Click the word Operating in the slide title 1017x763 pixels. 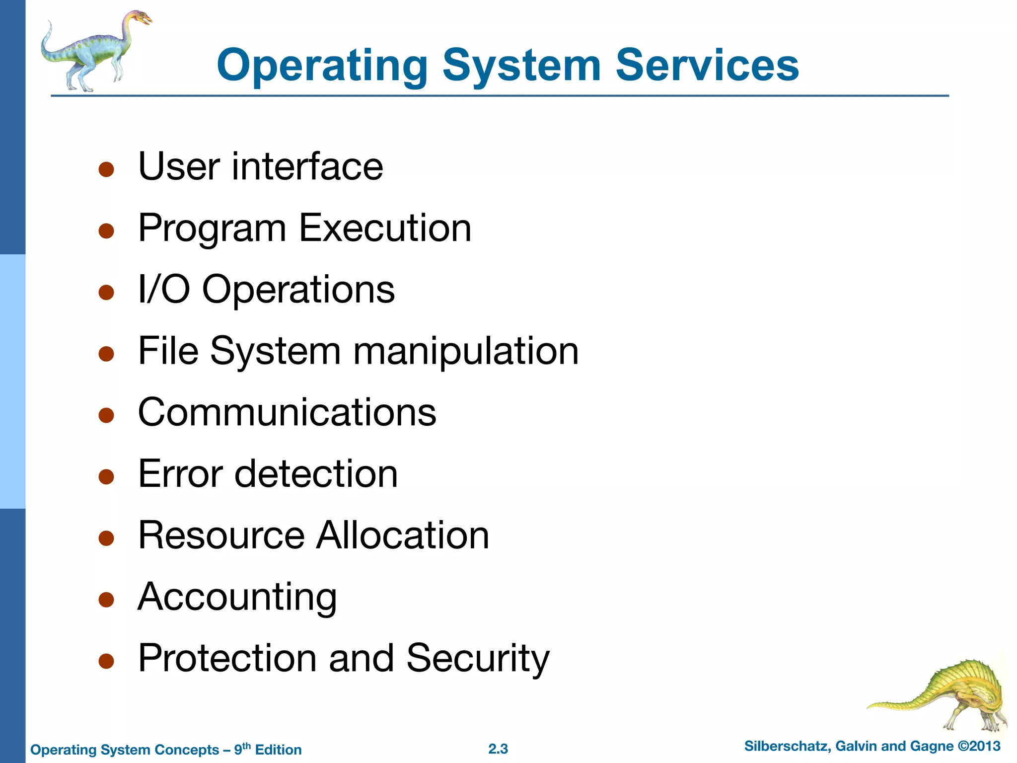coord(322,67)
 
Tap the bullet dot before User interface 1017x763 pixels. coord(106,169)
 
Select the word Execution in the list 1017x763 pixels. coord(385,228)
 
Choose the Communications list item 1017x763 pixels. coord(287,412)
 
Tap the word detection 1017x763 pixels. coord(316,474)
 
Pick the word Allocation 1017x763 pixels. coord(403,535)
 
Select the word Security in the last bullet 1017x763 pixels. coord(478,658)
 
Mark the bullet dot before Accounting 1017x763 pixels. coord(106,600)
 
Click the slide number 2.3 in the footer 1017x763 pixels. coord(498,749)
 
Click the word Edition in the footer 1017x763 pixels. coord(278,750)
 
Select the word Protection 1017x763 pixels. coord(227,658)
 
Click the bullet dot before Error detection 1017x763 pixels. coord(106,477)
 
